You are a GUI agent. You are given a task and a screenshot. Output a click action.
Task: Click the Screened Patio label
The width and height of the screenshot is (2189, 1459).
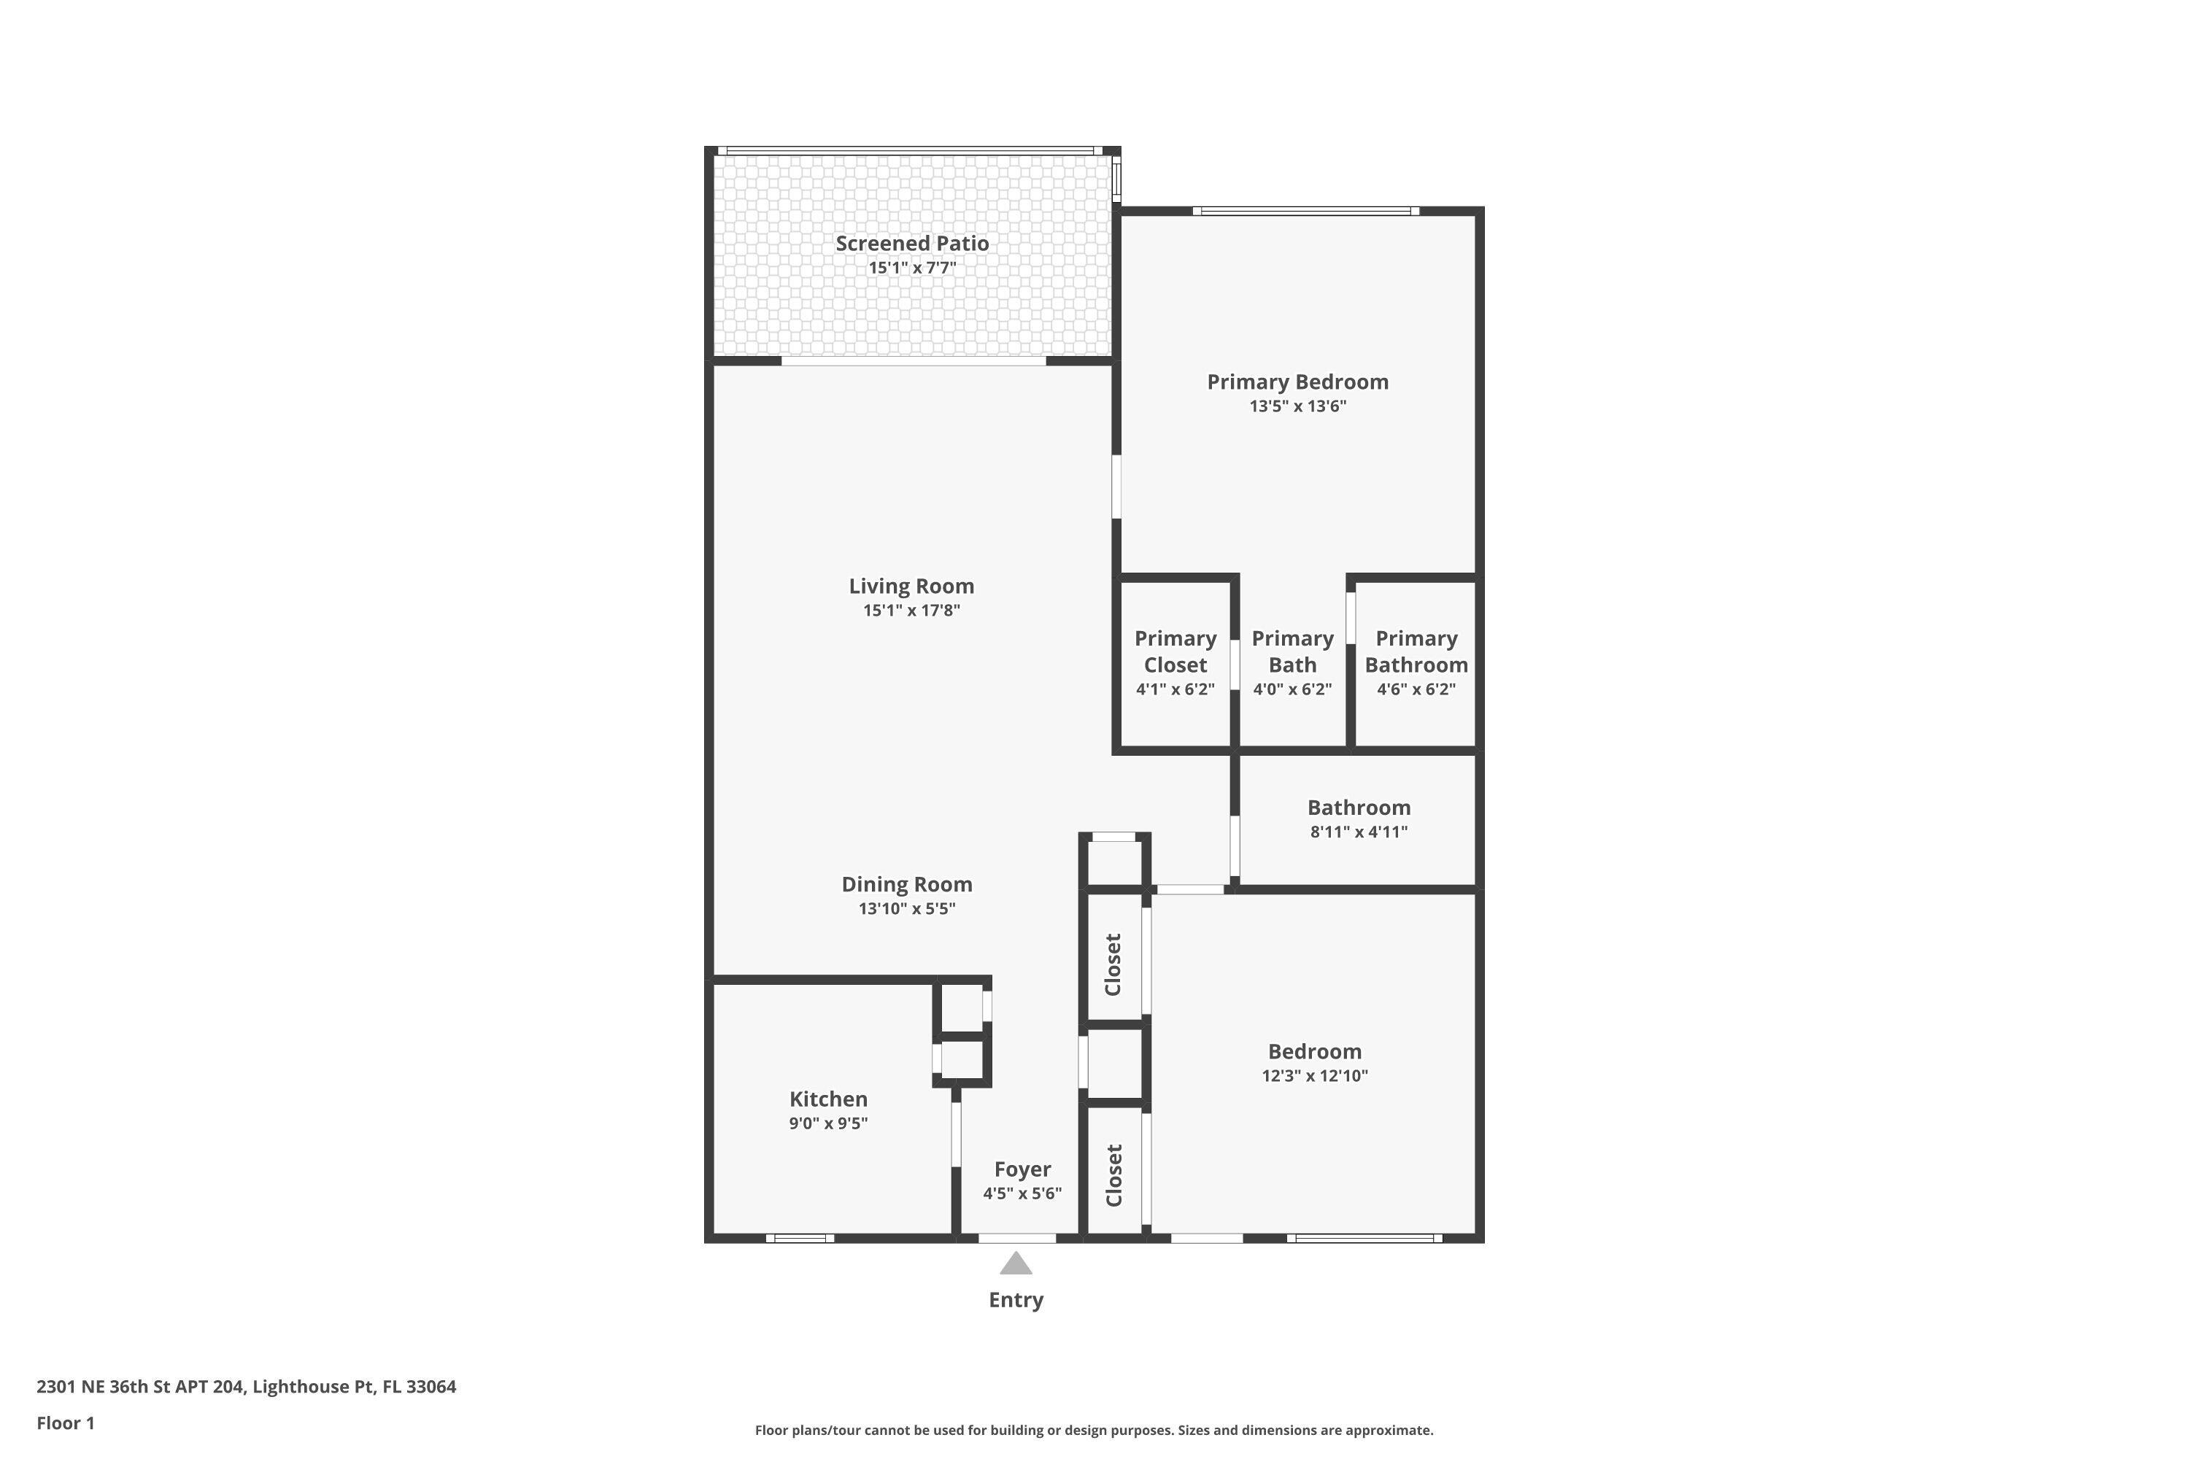pos(911,244)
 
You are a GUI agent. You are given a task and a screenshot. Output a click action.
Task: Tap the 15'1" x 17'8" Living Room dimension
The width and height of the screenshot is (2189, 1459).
pos(911,611)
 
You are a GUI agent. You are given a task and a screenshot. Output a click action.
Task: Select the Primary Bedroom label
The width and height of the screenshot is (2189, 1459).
pos(1297,382)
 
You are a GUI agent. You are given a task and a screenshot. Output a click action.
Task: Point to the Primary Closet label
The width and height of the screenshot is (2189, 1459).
pos(1175,651)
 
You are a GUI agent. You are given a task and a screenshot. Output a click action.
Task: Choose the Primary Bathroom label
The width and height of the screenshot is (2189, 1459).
pos(1416,651)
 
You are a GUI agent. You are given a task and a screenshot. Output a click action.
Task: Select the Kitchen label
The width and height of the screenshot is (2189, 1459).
pos(828,1099)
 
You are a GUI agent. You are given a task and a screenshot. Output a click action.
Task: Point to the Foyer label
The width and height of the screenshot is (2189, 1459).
pos(1022,1169)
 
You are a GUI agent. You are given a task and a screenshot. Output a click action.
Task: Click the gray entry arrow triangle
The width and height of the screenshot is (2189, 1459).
pos(1016,1264)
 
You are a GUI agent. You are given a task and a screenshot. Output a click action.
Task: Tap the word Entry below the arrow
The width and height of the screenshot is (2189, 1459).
pos(1016,1300)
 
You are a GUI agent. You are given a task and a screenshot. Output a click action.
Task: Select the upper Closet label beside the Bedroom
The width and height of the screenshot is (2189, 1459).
pos(1113,964)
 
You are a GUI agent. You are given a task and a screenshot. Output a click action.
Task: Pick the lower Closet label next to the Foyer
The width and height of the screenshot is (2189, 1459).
pos(1113,1175)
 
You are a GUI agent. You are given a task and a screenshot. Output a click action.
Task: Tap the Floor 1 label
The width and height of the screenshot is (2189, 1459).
pos(65,1423)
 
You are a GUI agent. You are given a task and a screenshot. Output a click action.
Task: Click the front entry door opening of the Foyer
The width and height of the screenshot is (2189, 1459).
pos(1016,1239)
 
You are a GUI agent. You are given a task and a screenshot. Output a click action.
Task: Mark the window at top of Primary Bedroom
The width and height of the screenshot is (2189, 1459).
pos(1306,212)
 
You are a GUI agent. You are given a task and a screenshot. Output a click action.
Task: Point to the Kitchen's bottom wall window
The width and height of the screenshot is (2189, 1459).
pos(800,1239)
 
